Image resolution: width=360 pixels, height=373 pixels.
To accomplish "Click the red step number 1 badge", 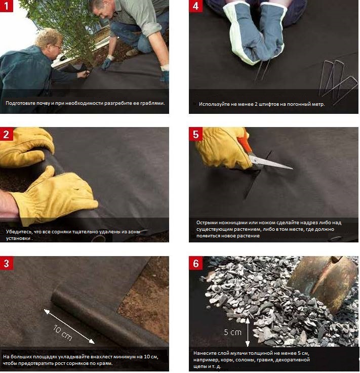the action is pos(6,6).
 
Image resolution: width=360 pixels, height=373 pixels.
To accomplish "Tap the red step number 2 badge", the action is pos(7,134).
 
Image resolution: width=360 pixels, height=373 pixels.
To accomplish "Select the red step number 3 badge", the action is pos(7,263).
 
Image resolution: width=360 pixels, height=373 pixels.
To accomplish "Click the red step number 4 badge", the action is pos(195,6).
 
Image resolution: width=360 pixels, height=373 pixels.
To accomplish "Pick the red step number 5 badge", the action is pos(195,134).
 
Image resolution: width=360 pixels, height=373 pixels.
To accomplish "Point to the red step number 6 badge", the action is pos(195,263).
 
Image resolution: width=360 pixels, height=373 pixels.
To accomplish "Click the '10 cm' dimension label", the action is pos(62,333).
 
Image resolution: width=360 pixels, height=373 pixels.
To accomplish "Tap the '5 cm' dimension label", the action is pos(232,332).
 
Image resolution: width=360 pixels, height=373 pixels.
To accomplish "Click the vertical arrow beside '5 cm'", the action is pos(248,332).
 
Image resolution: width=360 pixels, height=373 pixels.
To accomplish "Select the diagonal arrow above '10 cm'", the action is pos(69,326).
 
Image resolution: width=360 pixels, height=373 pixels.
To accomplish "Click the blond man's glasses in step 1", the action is pos(57,47).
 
